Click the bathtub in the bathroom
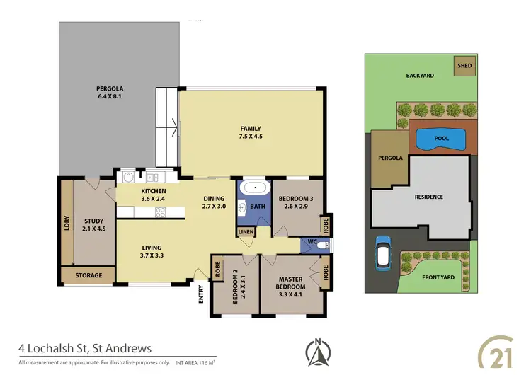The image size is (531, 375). [x=253, y=188]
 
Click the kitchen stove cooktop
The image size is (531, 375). [x=160, y=211]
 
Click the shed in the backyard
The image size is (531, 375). [x=464, y=65]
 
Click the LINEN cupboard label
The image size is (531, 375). [x=246, y=232]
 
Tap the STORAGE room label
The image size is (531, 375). [x=89, y=275]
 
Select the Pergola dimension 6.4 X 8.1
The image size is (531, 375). [x=110, y=98]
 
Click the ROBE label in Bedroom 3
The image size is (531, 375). [x=326, y=225]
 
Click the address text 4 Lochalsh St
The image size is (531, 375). [x=84, y=348]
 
